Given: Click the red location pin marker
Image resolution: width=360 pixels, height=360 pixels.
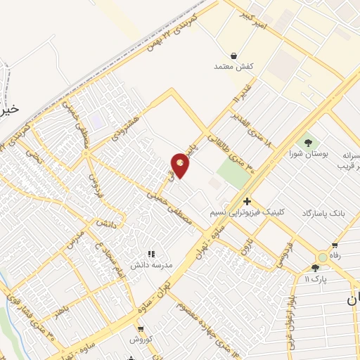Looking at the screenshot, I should click(x=180, y=165).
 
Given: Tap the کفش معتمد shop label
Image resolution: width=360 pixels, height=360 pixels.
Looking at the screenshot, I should click(x=233, y=66).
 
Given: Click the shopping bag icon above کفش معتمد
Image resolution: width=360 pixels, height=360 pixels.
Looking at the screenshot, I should click(x=233, y=55).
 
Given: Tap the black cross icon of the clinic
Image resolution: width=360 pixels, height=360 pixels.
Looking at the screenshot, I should click(x=247, y=201).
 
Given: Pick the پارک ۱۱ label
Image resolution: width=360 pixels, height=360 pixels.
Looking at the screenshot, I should click(x=316, y=278).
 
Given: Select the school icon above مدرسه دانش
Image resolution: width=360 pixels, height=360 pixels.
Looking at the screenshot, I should click(x=150, y=254).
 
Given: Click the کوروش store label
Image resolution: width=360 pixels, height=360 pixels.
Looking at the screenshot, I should click(x=141, y=338).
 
